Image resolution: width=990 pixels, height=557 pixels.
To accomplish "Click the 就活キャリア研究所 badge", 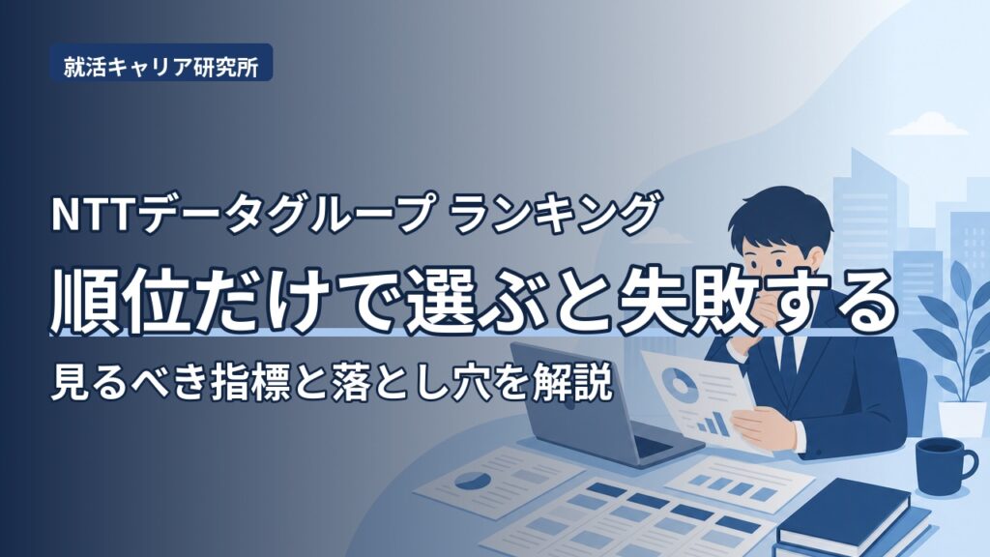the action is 161,63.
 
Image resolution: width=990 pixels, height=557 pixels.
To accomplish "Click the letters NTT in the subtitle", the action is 94,214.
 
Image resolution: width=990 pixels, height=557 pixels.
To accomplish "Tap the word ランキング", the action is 556,214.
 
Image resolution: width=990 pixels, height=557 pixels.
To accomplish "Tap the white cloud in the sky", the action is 927,125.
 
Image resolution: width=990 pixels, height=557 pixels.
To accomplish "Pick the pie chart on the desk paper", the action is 471,481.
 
